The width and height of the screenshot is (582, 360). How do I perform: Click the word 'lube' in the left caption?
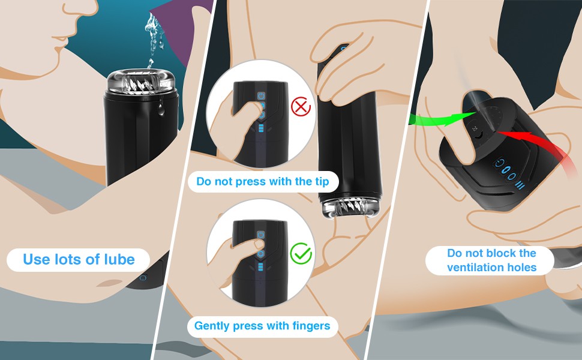119,259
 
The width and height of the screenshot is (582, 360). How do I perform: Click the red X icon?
301,107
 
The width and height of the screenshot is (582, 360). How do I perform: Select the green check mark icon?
301,253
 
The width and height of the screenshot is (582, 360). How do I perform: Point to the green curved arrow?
442,119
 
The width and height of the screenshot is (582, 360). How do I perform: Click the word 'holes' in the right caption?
523,267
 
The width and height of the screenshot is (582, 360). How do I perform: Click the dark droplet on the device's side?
161,109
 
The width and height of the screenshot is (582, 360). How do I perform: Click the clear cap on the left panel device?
141,82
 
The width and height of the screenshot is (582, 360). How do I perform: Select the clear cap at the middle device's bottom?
350,209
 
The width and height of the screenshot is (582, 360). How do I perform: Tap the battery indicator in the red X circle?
261,128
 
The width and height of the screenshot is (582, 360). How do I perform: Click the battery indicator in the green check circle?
260,268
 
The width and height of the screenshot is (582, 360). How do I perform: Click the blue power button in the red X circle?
262,96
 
